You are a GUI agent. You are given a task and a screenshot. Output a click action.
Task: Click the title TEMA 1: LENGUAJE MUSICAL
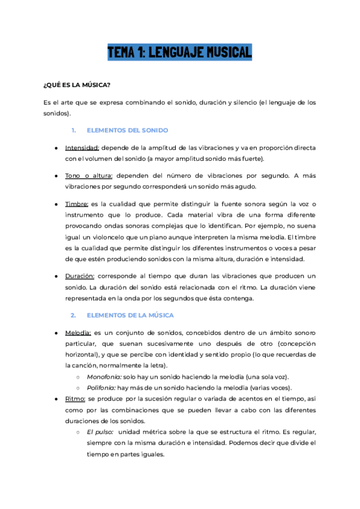coord(179,52)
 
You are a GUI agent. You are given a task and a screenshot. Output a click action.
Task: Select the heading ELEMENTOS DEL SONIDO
coord(127,130)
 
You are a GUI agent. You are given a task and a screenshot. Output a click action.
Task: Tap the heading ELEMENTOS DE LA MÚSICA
coord(131,315)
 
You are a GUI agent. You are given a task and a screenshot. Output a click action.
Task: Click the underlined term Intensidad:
coord(82,147)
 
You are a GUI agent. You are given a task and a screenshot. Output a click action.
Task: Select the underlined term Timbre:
coord(77,205)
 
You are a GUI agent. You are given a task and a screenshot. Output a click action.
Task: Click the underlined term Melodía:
coord(78,333)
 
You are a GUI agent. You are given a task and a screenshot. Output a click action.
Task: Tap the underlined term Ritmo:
coord(75,399)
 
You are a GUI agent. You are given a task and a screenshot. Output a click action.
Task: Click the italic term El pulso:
coord(100,432)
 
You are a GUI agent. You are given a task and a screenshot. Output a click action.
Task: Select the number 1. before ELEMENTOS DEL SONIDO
coord(73,130)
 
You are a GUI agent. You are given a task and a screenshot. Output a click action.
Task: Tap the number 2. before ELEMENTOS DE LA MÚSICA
coord(73,315)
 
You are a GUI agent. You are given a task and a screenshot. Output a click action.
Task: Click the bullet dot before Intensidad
coord(56,147)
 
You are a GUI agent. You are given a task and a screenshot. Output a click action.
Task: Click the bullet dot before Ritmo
coord(56,399)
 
